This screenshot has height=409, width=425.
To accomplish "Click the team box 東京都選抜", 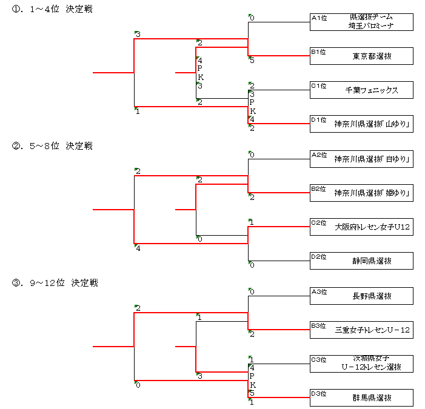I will click(361, 56).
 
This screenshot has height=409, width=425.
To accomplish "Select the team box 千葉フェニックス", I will click(361, 90).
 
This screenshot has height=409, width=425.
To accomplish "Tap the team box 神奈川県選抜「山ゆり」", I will click(361, 124).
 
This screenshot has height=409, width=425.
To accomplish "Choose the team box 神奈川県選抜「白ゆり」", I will click(361, 159).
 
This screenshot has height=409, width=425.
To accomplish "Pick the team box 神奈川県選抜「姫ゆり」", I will click(361, 193).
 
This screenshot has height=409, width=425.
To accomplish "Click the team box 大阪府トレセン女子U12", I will click(361, 227).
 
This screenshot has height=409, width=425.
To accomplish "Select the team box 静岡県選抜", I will click(361, 261).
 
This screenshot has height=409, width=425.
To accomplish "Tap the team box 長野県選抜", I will click(361, 296).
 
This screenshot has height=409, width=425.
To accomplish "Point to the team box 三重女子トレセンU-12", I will click(361, 330).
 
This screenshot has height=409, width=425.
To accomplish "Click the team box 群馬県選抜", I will click(361, 398).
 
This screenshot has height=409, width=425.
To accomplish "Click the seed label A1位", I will click(319, 18).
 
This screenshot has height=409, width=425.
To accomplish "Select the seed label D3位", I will click(319, 393).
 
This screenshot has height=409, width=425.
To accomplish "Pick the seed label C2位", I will click(319, 222).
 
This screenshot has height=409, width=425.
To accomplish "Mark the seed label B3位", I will click(319, 325).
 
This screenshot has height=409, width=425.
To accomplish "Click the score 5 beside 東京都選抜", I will click(252, 60).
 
